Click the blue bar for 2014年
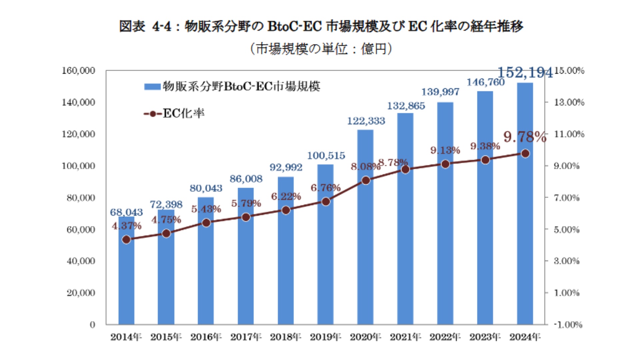click(126, 283)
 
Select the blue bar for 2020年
click(365, 253)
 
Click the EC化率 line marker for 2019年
click(326, 202)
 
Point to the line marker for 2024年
click(525, 154)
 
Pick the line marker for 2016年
click(206, 223)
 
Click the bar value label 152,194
click(525, 72)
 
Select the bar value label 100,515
click(326, 156)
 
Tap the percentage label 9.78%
click(525, 137)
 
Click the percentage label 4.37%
click(127, 226)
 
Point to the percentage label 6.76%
click(325, 188)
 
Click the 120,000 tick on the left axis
click(79, 134)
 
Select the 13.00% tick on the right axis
click(569, 102)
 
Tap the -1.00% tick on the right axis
click(568, 325)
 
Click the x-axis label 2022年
click(445, 337)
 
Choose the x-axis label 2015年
click(166, 337)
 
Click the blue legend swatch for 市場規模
click(152, 87)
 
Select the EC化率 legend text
click(183, 114)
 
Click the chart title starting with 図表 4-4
click(321, 26)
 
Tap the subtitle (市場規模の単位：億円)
click(321, 49)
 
